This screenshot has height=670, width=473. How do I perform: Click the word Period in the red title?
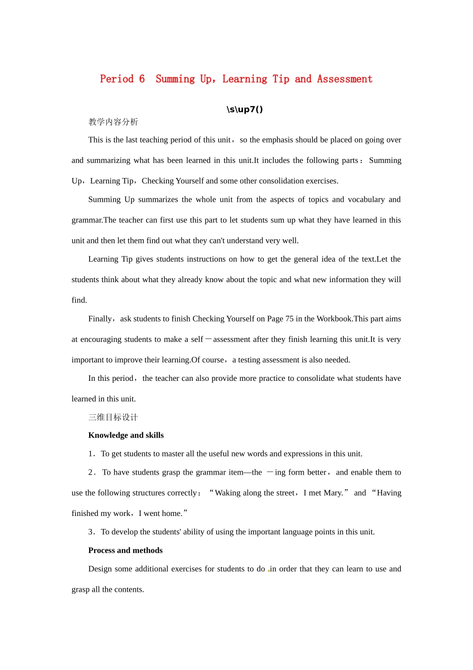(x=117, y=79)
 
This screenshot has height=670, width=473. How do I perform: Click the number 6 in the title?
(x=142, y=79)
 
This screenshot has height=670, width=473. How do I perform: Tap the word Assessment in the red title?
(x=345, y=79)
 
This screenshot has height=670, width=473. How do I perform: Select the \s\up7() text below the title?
(x=244, y=110)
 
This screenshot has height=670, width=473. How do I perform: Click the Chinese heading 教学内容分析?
(x=113, y=122)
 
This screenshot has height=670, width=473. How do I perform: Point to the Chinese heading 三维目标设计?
(x=113, y=417)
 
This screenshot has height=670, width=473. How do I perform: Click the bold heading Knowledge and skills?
(x=126, y=435)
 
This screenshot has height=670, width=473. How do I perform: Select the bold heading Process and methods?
(x=125, y=550)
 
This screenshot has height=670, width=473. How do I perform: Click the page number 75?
(x=289, y=319)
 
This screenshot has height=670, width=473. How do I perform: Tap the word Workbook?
(x=334, y=319)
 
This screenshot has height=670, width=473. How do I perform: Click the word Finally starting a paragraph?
(x=100, y=319)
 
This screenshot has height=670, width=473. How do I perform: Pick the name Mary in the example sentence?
(x=333, y=493)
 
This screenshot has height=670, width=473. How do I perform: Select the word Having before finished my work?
(x=389, y=493)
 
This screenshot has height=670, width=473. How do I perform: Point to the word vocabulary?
(x=366, y=199)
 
